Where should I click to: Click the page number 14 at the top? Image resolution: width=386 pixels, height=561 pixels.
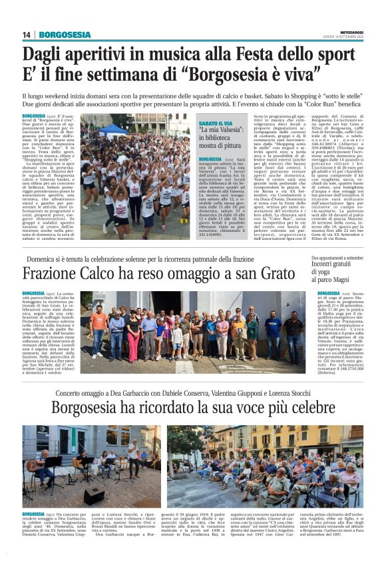[x=27, y=35]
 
